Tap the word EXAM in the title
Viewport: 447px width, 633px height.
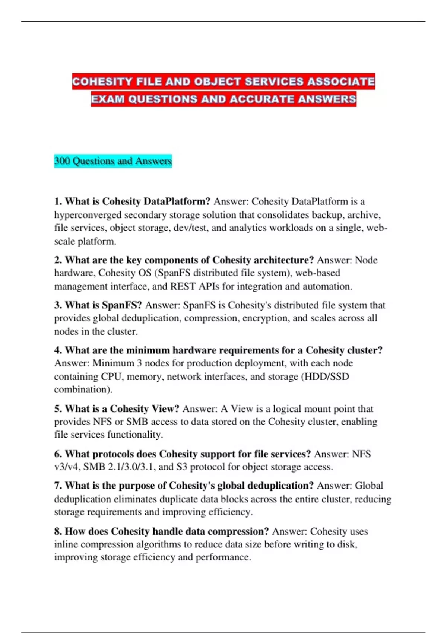pos(108,99)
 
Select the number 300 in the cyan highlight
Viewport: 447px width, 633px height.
pos(62,161)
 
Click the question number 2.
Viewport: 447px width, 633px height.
pos(58,260)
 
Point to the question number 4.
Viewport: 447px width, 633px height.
pos(58,350)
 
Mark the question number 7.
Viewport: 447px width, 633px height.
pos(58,486)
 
